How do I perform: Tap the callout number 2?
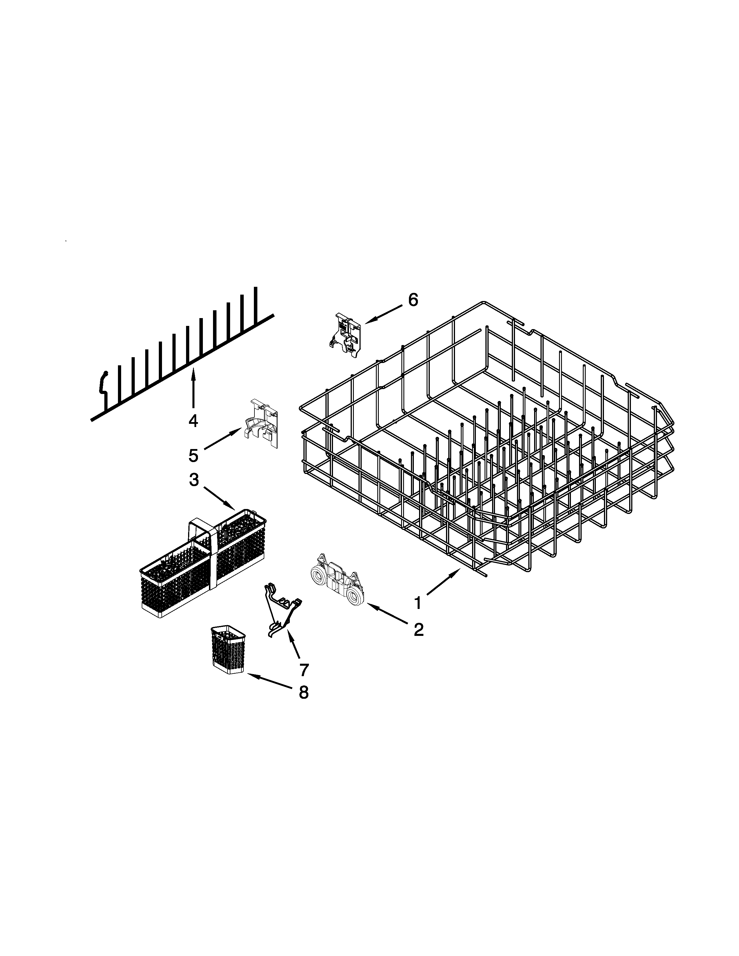[x=418, y=630]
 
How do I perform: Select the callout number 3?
[x=194, y=480]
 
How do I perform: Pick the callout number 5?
[x=193, y=455]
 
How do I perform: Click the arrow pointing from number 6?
[x=383, y=314]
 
